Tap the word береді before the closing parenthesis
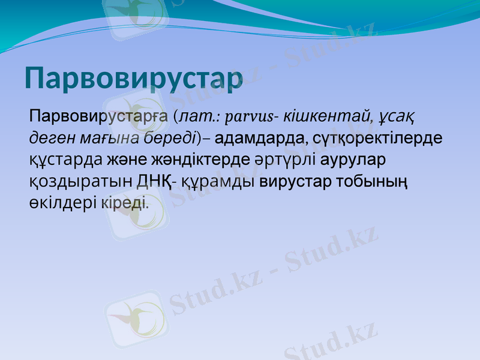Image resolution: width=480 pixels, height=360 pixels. tap(171, 138)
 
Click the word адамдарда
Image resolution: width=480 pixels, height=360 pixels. tap(257, 138)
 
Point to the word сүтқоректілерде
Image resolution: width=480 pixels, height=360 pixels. tap(375, 138)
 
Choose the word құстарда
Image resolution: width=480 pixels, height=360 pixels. tap(67, 160)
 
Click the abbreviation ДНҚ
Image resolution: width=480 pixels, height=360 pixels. tap(154, 181)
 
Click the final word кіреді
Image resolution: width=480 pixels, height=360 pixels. tap(124, 203)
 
